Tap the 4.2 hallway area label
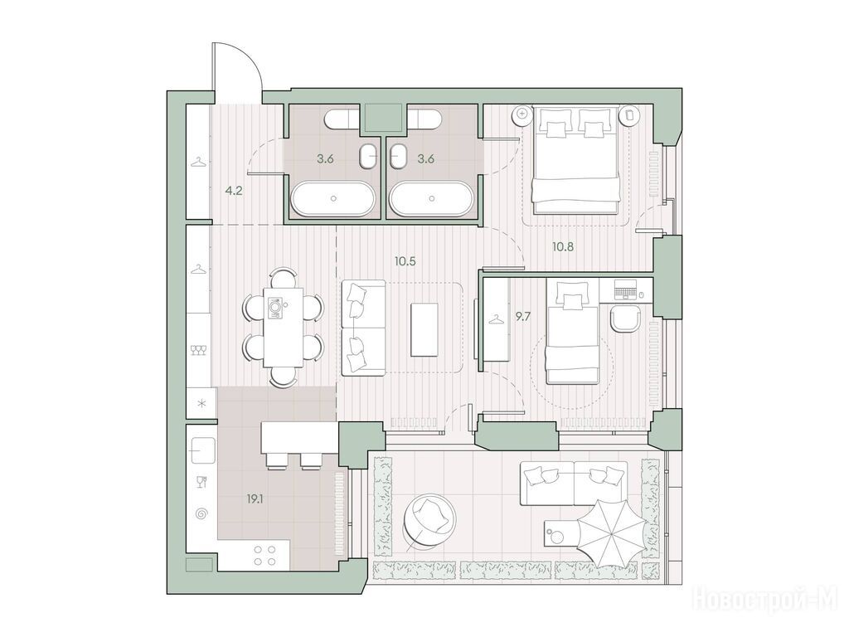coord(234,191)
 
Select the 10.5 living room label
coord(405,261)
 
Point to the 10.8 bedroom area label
coord(563,247)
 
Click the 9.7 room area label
coord(522,317)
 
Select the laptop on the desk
coord(626,289)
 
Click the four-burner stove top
coord(264,554)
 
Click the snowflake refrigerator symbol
coord(201,404)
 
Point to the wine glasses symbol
coord(199,351)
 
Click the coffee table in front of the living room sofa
coord(424,329)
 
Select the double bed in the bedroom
coord(575,159)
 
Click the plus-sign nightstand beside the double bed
coord(522,113)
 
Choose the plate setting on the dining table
coord(275,307)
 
